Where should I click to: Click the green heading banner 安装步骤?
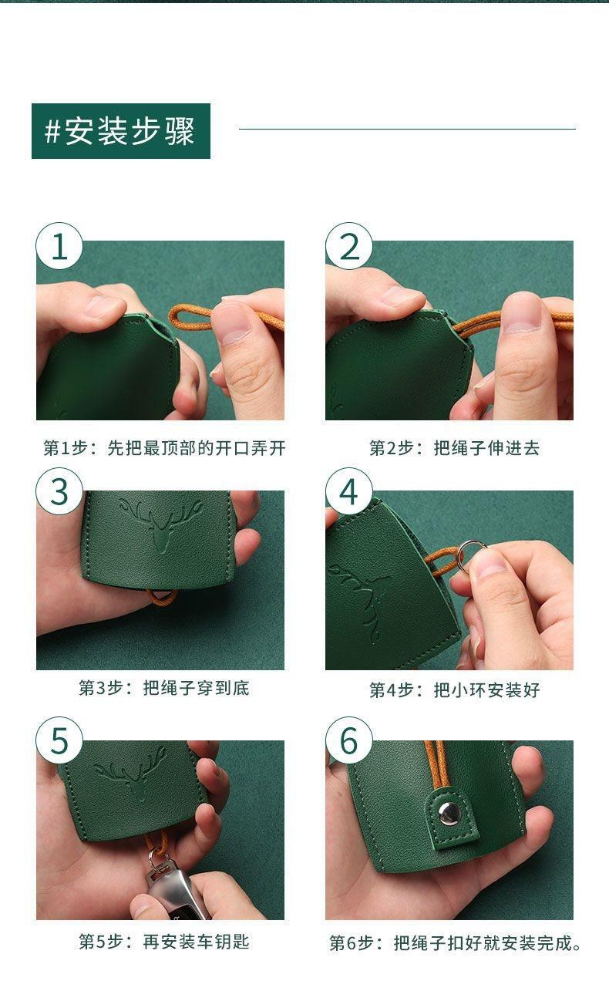point(121,131)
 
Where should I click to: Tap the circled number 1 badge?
point(59,246)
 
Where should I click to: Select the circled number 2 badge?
point(349,246)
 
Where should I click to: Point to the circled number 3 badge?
point(59,491)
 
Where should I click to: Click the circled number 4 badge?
point(349,491)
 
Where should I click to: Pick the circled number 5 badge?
point(59,740)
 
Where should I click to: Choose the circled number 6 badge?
point(349,740)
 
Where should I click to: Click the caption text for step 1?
point(164,448)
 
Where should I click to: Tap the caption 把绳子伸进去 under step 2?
point(486,448)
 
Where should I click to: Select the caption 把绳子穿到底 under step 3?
point(196,688)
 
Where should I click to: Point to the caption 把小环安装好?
point(486,689)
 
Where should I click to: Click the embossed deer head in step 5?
point(130,772)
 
